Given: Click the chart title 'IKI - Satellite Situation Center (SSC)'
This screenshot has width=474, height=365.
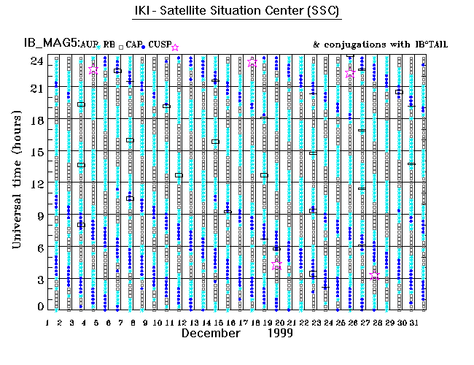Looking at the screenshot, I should [236, 12].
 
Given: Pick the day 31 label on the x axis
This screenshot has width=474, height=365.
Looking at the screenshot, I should [413, 322].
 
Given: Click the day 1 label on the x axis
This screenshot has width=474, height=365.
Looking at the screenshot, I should [47, 322].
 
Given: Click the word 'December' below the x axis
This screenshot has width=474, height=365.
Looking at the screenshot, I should [210, 333].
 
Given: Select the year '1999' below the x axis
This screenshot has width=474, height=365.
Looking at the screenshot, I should [278, 333].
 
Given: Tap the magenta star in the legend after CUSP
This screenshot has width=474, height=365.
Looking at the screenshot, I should [174, 47].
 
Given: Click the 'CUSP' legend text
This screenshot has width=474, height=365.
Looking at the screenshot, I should [159, 45].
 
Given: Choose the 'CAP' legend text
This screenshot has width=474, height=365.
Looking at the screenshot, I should [133, 45].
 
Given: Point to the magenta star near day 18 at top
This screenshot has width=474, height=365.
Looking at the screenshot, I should [252, 63].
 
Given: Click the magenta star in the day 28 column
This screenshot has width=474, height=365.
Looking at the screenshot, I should [375, 275].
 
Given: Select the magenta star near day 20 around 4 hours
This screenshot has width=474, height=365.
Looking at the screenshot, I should [276, 266].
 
